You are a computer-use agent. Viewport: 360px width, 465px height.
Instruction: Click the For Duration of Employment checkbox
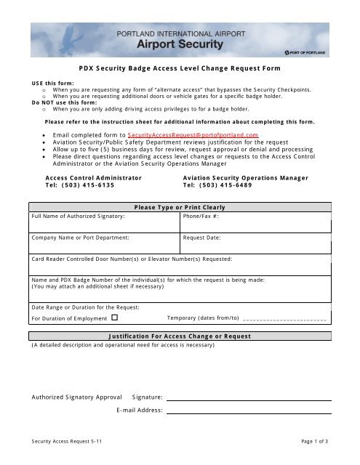(115, 318)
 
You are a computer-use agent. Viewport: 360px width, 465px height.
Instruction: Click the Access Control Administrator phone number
(79, 185)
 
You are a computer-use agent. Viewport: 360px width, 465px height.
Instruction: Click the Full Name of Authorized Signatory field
(104, 224)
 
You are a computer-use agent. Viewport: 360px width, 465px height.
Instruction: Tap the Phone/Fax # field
(255, 224)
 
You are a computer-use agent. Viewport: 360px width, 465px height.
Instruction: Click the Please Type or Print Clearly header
(179, 207)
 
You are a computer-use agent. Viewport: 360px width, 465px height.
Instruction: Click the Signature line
(247, 397)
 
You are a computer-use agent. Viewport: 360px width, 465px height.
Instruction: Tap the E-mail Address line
(247, 410)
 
